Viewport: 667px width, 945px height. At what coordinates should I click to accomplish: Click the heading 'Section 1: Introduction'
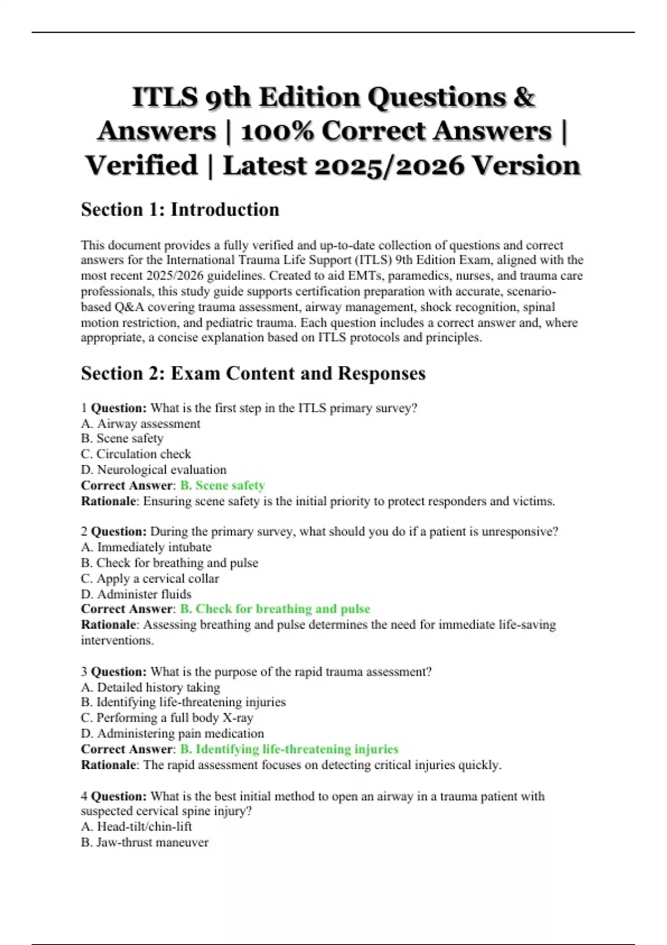(x=180, y=210)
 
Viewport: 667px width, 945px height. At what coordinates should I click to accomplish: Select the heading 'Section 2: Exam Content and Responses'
(x=253, y=373)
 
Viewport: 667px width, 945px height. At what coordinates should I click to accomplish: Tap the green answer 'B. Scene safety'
(x=222, y=485)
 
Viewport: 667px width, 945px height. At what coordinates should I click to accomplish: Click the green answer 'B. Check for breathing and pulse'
(x=275, y=609)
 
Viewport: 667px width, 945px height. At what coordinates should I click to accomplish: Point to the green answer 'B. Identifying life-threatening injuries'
(x=289, y=749)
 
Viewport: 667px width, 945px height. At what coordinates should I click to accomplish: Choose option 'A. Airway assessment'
(x=141, y=424)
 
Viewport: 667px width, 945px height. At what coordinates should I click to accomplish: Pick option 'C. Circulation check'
(x=136, y=454)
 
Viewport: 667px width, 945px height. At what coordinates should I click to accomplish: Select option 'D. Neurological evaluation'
(x=153, y=470)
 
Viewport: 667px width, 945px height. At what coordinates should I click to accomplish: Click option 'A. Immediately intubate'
(x=146, y=547)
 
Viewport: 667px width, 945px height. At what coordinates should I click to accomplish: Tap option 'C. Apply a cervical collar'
(x=150, y=578)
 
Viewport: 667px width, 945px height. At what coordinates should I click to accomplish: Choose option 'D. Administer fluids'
(x=136, y=594)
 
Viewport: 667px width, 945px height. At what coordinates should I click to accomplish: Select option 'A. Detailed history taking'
(x=151, y=687)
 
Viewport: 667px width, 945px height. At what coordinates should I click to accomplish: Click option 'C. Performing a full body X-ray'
(x=167, y=718)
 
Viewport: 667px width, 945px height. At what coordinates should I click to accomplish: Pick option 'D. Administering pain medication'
(x=172, y=733)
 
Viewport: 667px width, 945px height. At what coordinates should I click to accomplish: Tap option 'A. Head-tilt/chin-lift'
(x=136, y=826)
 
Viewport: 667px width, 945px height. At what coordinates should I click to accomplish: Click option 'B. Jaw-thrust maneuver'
(x=145, y=842)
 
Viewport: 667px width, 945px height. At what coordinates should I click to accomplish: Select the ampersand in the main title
(x=524, y=97)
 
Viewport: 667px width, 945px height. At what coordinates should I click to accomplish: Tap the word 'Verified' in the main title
(x=142, y=166)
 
